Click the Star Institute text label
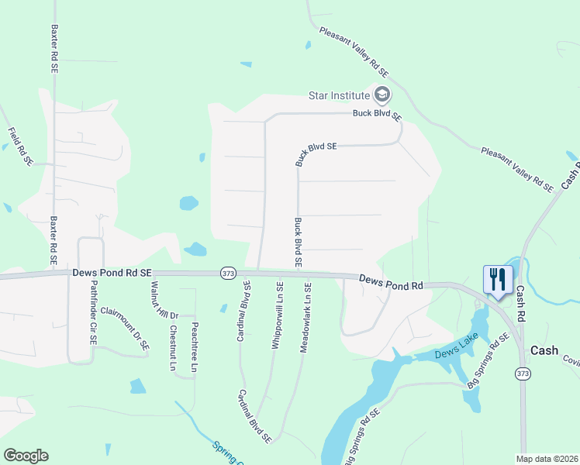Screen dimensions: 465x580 (339, 95)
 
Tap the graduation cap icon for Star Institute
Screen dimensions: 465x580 (381, 95)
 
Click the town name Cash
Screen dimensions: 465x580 (544, 350)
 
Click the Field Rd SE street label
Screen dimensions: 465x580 (20, 146)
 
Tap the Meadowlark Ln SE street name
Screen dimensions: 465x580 (307, 317)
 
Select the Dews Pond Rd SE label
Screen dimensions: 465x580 (112, 273)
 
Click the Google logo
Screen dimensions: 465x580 (26, 456)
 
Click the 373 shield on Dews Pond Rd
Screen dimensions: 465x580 (228, 273)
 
